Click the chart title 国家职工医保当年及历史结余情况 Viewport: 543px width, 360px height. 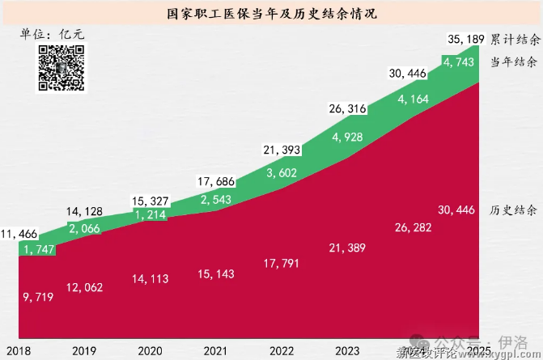271,15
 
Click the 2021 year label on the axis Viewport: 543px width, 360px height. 214,351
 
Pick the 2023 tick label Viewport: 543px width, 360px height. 347,351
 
